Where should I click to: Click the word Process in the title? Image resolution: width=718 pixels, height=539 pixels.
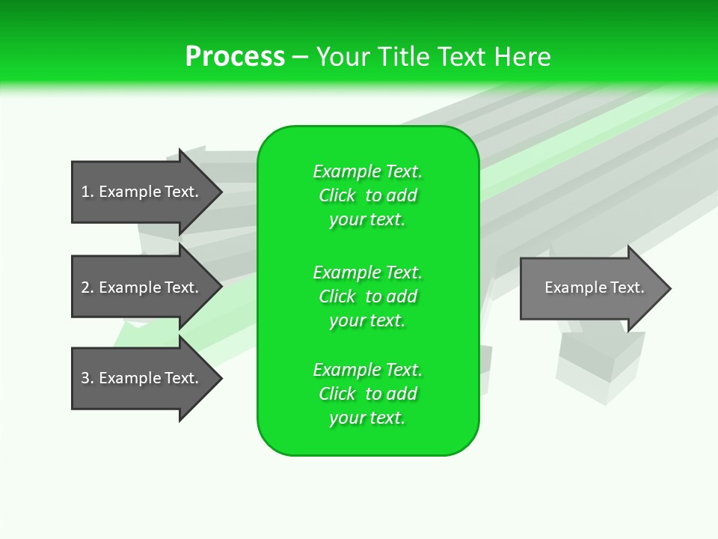coord(235,57)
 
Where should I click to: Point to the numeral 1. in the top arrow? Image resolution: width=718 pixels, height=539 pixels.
coord(88,192)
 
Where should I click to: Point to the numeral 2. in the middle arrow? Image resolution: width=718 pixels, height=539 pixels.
coord(88,287)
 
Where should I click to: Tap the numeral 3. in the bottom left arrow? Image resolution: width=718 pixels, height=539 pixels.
coord(88,378)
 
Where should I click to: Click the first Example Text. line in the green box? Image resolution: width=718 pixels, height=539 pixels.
coord(367,171)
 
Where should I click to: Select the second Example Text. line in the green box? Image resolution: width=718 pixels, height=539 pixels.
coord(367,272)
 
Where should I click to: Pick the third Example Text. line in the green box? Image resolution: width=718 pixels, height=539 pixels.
coord(367,370)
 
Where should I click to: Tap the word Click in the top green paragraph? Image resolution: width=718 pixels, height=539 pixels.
coord(337,195)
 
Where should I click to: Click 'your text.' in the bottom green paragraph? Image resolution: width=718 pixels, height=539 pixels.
coord(367,418)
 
